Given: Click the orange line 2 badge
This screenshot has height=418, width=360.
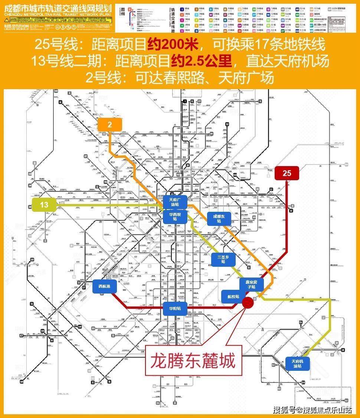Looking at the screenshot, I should tap(110, 125).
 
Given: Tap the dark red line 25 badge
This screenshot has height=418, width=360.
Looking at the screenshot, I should tap(287, 173).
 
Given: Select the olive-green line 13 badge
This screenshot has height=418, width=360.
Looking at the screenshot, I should tap(44, 204).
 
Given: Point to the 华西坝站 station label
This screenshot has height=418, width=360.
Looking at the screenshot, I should tap(175, 217).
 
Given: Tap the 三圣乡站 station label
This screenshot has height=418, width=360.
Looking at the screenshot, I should tap(223, 259).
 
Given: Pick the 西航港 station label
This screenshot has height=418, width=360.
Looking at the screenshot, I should tap(105, 286).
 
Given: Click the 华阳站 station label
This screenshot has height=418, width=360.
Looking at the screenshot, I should tap(175, 308).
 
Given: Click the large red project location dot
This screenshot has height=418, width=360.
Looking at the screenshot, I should tap(248, 302).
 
